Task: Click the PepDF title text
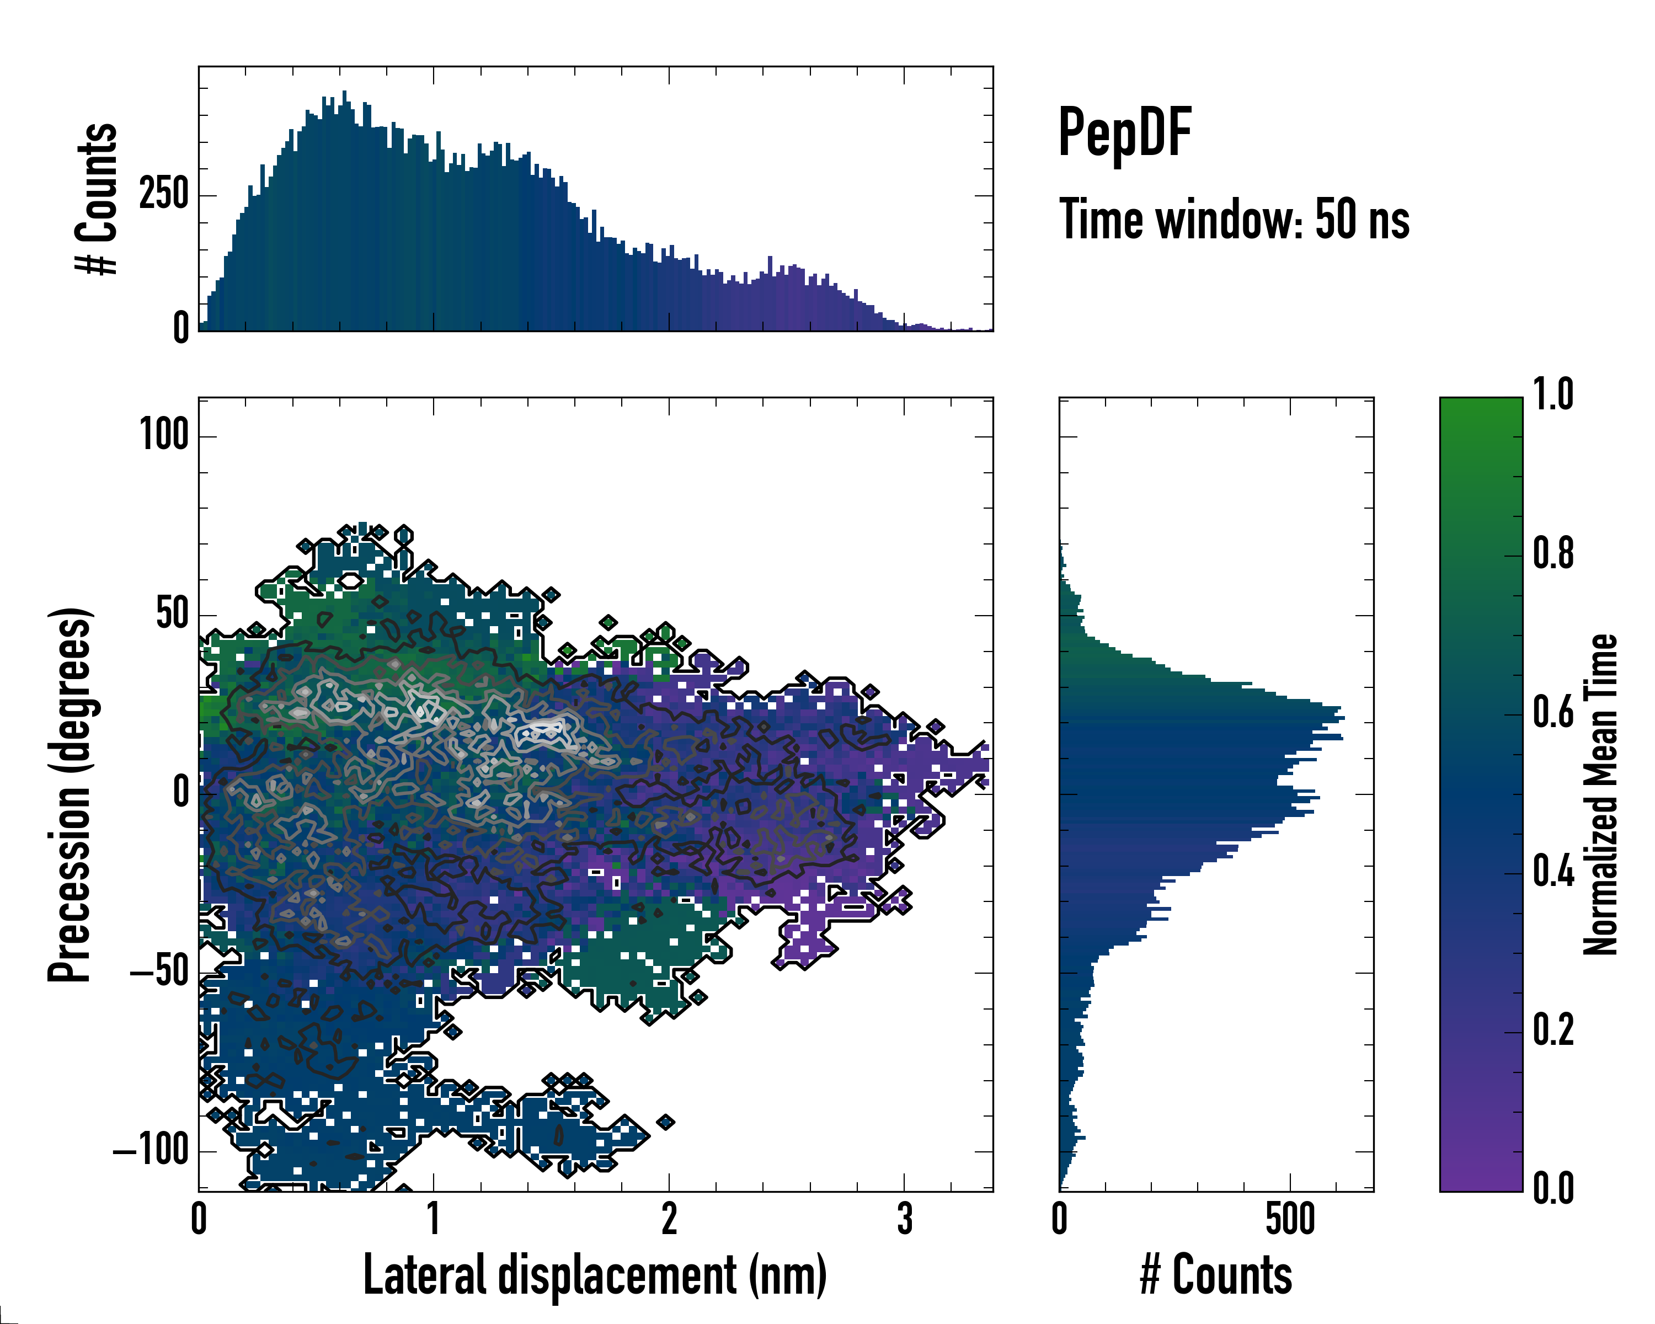click(x=1124, y=134)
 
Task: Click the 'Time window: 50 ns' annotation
click(x=1234, y=220)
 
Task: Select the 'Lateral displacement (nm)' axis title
click(x=595, y=1275)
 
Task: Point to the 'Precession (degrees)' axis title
click(x=71, y=794)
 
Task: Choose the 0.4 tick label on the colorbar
click(x=1553, y=872)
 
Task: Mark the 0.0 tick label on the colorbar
click(x=1553, y=1188)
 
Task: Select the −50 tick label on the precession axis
click(x=159, y=973)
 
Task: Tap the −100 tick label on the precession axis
click(x=151, y=1151)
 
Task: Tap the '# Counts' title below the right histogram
click(x=1216, y=1275)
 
